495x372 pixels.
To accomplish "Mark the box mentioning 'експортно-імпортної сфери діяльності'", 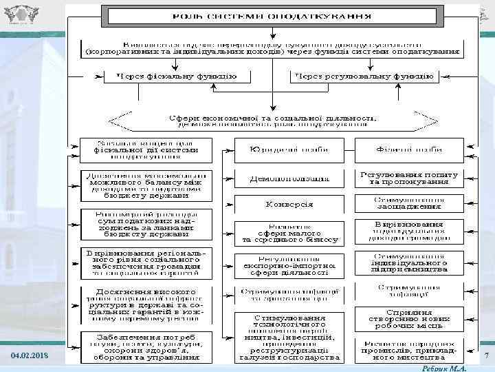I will (x=289, y=266).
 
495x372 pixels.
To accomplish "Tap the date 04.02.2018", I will (x=30, y=355).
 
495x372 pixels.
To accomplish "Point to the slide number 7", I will (x=486, y=355).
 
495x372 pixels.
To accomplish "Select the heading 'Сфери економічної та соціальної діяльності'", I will (x=273, y=120).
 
